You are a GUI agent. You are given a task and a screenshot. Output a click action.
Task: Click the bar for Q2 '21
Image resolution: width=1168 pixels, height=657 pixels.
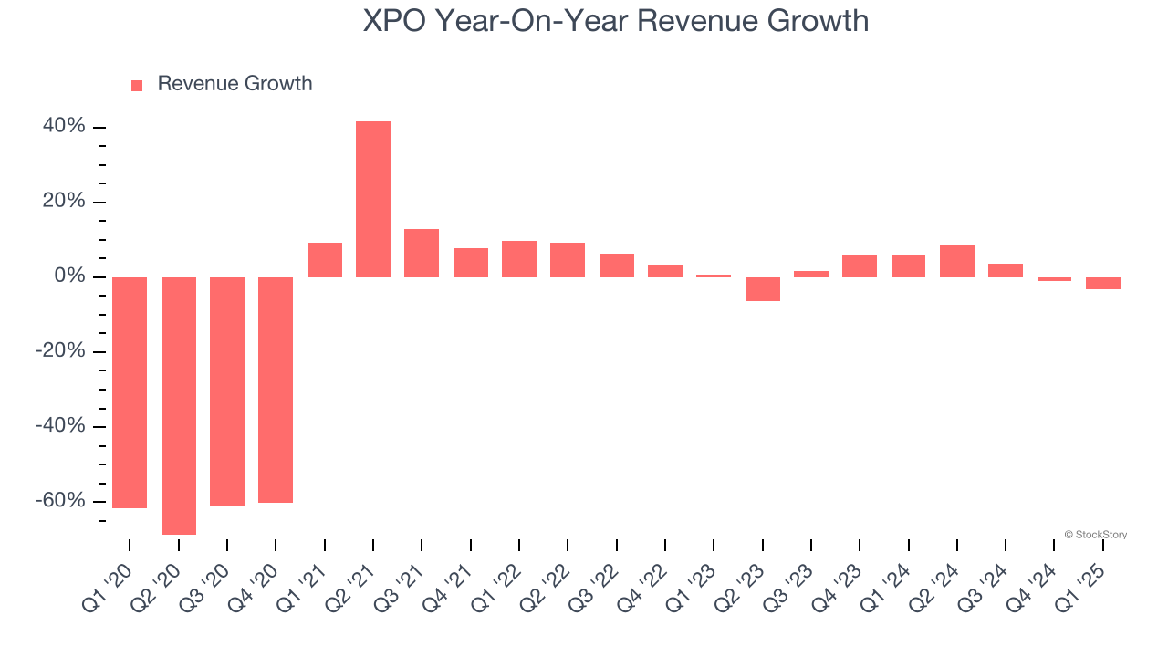373,199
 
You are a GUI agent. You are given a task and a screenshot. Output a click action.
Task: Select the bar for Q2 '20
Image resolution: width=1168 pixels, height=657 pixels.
179,405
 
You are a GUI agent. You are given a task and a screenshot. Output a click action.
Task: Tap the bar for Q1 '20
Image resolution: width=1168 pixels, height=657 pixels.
130,392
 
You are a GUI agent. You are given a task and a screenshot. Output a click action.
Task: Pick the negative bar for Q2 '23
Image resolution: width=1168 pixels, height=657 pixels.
763,288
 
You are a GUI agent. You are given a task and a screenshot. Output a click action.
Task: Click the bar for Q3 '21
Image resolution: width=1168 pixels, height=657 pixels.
422,253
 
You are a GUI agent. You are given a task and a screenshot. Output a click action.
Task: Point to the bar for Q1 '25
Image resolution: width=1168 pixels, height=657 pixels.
1103,283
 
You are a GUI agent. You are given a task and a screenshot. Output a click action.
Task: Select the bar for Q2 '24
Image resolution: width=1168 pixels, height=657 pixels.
957,261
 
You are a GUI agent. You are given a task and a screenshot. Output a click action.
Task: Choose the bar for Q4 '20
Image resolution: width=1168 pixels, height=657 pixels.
276,390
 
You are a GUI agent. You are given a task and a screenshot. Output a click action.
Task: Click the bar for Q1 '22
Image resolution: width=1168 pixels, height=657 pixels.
519,259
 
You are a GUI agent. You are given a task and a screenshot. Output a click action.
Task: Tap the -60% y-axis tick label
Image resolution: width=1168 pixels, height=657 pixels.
60,500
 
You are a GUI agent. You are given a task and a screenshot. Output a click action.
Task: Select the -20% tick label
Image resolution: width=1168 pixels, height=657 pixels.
60,350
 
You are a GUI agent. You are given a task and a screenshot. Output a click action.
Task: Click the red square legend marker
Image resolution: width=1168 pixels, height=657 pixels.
137,86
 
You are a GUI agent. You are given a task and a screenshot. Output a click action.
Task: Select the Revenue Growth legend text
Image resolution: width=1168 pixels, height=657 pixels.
235,84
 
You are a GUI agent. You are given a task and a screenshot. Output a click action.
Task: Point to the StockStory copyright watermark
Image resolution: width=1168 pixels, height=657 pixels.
1095,535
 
